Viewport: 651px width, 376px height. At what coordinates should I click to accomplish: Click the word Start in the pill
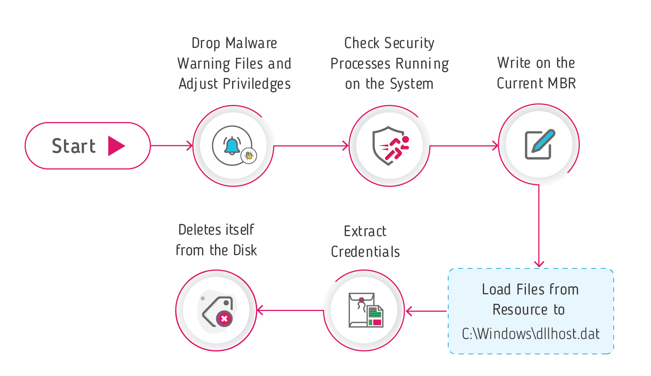(x=73, y=146)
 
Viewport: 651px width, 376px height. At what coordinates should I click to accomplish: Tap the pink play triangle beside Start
(x=116, y=146)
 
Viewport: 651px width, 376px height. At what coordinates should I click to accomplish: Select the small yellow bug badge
(x=249, y=155)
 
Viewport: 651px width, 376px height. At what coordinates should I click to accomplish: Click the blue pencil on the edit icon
(x=543, y=141)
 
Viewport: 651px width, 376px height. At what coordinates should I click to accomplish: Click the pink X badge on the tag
(x=224, y=319)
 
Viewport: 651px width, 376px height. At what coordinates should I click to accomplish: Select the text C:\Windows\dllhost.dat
(x=530, y=334)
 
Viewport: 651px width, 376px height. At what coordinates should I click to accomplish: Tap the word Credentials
(x=365, y=252)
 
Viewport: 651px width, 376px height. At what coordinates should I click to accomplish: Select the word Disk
(x=245, y=250)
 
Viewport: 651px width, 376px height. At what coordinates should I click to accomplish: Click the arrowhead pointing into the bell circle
(x=190, y=146)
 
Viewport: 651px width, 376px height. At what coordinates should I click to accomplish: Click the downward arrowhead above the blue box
(x=539, y=264)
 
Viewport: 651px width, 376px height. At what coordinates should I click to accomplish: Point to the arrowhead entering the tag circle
(x=260, y=311)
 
